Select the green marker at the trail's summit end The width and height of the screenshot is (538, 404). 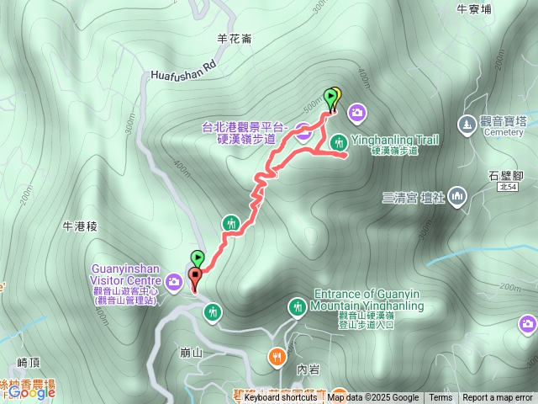pyautogui.click(x=330, y=97)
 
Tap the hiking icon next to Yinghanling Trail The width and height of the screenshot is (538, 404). pyautogui.click(x=337, y=141)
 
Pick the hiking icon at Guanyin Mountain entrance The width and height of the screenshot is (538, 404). pyautogui.click(x=297, y=307)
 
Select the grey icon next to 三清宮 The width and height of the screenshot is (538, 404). pyautogui.click(x=457, y=197)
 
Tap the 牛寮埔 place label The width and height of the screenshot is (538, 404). pyautogui.click(x=473, y=9)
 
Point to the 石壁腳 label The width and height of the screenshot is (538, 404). pyautogui.click(x=505, y=175)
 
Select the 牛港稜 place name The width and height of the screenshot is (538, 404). pyautogui.click(x=81, y=227)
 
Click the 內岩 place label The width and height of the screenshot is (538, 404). pyautogui.click(x=309, y=369)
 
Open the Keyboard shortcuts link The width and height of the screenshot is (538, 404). pyautogui.click(x=280, y=398)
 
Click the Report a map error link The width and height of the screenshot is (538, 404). pyautogui.click(x=497, y=398)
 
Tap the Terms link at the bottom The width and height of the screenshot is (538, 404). pyautogui.click(x=440, y=398)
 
